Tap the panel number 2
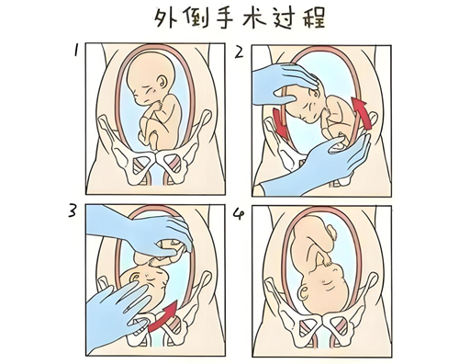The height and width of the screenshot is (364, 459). click(x=240, y=53)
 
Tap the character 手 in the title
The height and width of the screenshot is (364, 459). click(x=221, y=19)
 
